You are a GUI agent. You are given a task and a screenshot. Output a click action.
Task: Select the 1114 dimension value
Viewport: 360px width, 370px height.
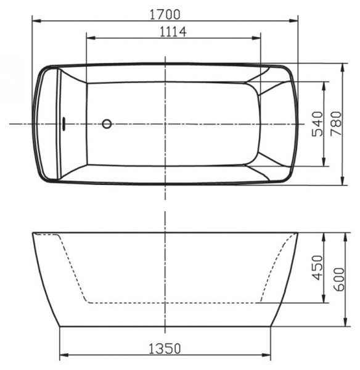pyautogui.click(x=173, y=31)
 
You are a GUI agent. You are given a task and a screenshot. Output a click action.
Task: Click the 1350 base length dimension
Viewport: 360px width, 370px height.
pyautogui.click(x=165, y=348)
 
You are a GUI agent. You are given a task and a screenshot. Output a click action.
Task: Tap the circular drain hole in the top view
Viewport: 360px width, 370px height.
pyautogui.click(x=107, y=124)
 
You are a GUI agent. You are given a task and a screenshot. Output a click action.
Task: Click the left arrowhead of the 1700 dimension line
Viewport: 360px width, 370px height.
pyautogui.click(x=35, y=20)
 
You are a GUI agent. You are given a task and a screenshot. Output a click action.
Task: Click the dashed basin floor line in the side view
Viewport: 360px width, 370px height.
pyautogui.click(x=173, y=303)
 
